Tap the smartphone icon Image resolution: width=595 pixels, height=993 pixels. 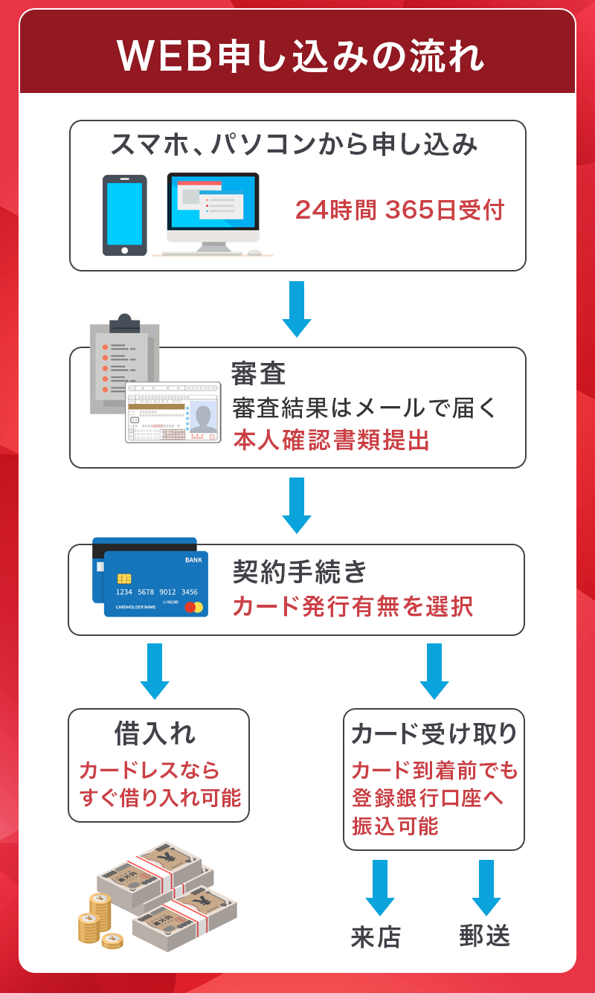pos(124,215)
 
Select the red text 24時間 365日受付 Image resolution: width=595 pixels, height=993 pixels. pos(399,211)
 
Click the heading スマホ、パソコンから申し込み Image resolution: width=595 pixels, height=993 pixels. pos(295,144)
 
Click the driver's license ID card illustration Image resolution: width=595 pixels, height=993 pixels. pos(173,413)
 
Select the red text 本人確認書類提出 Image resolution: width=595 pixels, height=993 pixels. pos(331,440)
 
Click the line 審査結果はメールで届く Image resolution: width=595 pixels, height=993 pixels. pos(364,408)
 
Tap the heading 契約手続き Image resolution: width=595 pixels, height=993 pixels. pos(300,572)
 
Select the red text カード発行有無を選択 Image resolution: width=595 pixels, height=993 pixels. pos(353,606)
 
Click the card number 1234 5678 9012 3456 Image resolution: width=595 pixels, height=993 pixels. pos(156,592)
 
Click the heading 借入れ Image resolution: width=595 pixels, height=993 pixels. pos(155,734)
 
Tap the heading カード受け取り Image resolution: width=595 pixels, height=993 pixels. pos(434,734)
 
